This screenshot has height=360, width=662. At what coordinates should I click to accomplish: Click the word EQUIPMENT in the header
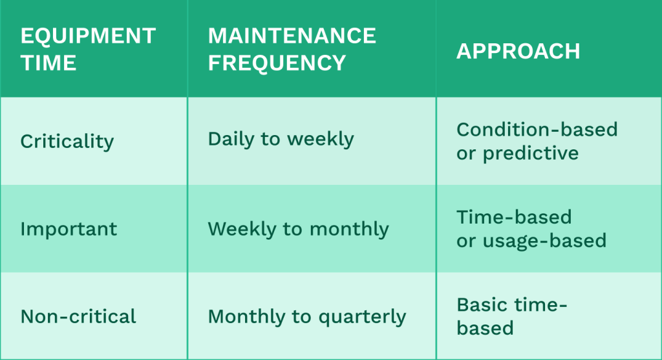(88, 36)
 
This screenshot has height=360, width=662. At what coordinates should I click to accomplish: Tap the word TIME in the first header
(48, 63)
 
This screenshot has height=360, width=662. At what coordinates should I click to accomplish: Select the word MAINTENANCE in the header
(292, 36)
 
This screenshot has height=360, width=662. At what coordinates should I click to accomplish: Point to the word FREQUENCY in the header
(277, 63)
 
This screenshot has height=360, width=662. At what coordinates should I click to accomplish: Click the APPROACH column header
(518, 51)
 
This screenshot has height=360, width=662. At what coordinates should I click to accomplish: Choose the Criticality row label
(67, 142)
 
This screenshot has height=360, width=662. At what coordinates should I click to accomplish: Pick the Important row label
(69, 229)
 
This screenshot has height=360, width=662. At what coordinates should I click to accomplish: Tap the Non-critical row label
(78, 317)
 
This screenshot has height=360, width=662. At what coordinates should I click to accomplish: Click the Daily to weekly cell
(281, 139)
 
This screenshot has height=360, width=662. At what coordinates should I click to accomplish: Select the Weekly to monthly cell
(299, 229)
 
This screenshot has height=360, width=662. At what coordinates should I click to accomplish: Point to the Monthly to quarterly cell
(307, 317)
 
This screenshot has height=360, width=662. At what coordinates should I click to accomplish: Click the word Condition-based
(537, 129)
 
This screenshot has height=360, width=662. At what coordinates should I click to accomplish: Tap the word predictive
(531, 153)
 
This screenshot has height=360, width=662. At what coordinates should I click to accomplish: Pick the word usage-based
(544, 241)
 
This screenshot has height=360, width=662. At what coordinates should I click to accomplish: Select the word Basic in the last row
(479, 304)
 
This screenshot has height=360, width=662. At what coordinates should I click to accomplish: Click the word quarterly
(362, 317)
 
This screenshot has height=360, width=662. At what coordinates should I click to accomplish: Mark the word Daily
(231, 139)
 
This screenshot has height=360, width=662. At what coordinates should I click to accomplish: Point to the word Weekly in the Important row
(242, 229)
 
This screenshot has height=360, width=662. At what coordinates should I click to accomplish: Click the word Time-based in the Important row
(514, 217)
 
